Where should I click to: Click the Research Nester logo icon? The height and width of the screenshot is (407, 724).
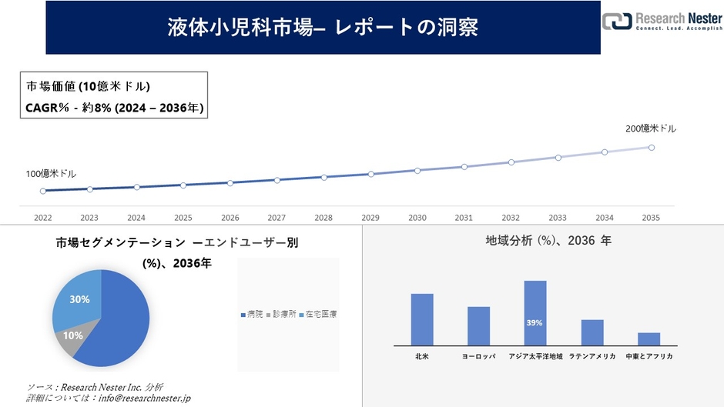click(616, 22)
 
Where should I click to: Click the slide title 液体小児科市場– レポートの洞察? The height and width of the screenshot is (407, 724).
click(323, 27)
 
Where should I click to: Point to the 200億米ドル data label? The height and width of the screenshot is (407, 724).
click(651, 128)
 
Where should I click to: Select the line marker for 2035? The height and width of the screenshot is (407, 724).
click(652, 147)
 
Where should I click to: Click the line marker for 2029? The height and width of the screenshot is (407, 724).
click(370, 174)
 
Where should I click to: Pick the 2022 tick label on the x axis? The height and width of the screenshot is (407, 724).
click(43, 218)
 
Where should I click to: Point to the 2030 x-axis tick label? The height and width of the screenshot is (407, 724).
click(417, 218)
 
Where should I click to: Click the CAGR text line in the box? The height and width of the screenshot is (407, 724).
click(115, 108)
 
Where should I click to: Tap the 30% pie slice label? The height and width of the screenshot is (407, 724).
click(79, 299)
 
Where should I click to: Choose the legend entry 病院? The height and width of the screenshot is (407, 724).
click(252, 315)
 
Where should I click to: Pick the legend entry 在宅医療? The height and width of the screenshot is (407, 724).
click(317, 315)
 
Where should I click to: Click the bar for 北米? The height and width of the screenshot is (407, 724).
click(422, 319)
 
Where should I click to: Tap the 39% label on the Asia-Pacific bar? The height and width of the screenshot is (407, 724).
click(535, 323)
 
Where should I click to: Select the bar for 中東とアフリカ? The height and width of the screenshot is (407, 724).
click(649, 339)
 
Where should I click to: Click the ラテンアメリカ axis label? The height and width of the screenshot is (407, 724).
click(592, 357)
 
